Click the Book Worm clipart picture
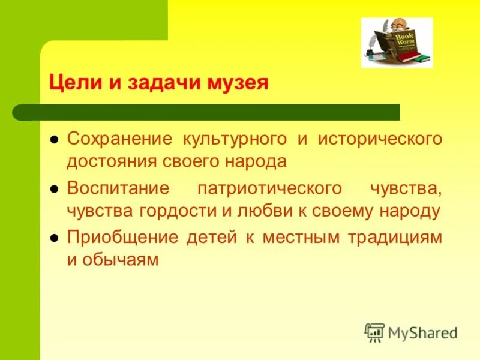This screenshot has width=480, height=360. pos(396,43)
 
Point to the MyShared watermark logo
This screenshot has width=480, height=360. pos(410,331)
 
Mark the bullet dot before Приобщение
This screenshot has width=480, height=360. pos(53,238)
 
